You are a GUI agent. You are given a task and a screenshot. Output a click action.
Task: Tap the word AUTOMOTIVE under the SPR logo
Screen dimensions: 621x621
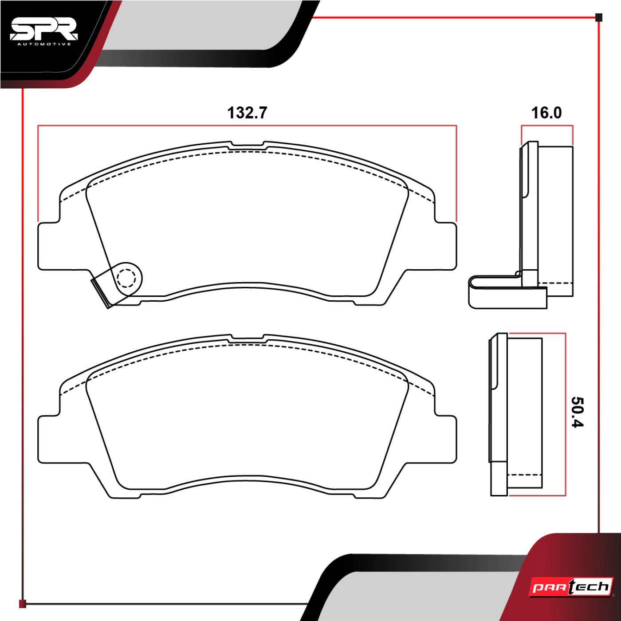click(44, 44)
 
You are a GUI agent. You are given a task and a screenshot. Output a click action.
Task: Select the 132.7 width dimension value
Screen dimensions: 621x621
click(247, 113)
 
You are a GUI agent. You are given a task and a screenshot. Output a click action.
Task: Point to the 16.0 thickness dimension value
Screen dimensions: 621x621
click(546, 113)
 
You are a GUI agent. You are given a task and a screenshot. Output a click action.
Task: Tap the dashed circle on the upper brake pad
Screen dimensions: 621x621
click(126, 278)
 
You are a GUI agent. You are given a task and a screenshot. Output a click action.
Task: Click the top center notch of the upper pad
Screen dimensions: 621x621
click(248, 145)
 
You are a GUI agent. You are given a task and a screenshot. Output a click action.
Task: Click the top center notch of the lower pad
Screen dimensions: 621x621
click(248, 338)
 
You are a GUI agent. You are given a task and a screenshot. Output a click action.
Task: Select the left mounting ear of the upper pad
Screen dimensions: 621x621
click(48, 246)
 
